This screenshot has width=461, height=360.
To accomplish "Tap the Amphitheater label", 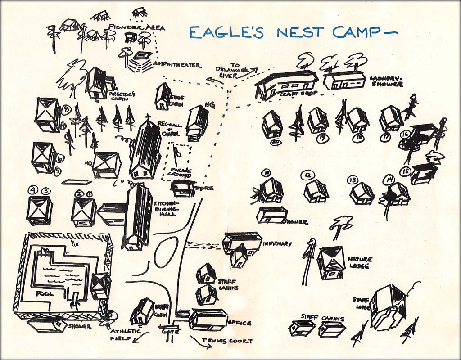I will coord(177,65).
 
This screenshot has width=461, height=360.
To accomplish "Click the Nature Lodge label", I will coord(360,262).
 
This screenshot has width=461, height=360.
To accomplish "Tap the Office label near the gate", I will coord(240,323).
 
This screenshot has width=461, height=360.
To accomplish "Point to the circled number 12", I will coord(308,175).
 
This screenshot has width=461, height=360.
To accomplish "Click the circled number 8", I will coord(66,109).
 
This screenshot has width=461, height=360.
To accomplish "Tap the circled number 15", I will coord(406,171).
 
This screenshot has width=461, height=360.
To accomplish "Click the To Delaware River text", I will coord(232,71).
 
